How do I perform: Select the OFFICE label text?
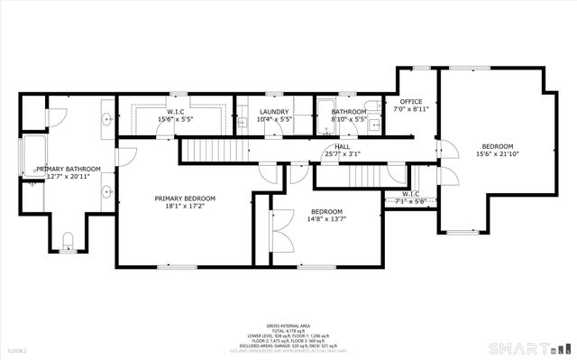click(x=411, y=101)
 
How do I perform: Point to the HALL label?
click(x=343, y=146)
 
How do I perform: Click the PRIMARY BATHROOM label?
click(x=69, y=169)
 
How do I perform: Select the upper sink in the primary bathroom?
click(x=108, y=117)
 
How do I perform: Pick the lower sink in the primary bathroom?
click(x=108, y=190)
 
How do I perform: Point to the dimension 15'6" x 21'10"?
click(x=497, y=154)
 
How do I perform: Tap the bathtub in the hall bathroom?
click(x=324, y=117)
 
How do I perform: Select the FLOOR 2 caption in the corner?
click(x=18, y=350)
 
